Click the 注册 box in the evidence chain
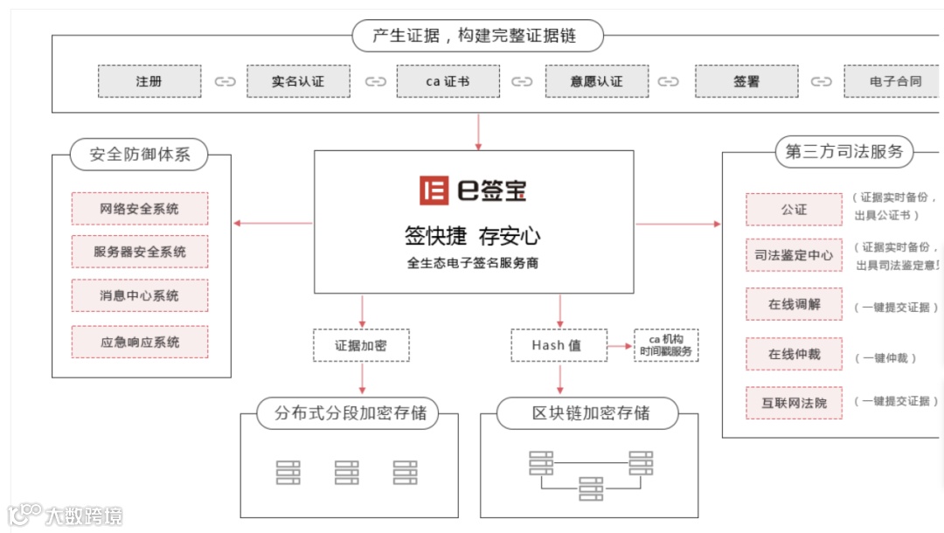click(x=149, y=81)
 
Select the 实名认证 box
click(x=298, y=81)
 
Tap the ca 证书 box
click(x=448, y=81)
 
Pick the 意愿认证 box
click(x=597, y=81)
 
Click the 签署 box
click(x=746, y=81)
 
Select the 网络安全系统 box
click(x=140, y=209)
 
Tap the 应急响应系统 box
click(x=140, y=342)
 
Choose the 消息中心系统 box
click(x=140, y=296)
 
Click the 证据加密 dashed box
click(x=361, y=345)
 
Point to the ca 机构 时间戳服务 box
click(x=666, y=345)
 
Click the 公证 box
click(x=794, y=210)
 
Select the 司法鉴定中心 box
click(x=794, y=255)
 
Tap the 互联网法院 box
click(x=794, y=403)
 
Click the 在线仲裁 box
click(x=794, y=355)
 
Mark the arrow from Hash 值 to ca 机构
click(x=619, y=346)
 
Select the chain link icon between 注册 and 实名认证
click(x=225, y=82)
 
